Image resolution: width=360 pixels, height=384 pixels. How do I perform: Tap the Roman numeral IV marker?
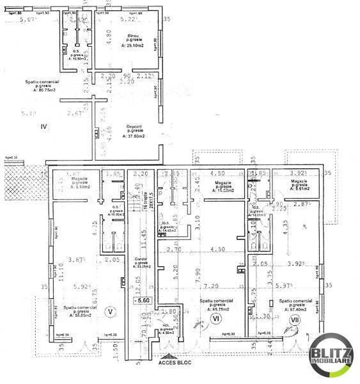[x=44, y=127]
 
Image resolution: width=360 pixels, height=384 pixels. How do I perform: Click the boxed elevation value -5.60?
[x=141, y=300]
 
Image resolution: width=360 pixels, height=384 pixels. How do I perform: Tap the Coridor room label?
[x=141, y=260]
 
